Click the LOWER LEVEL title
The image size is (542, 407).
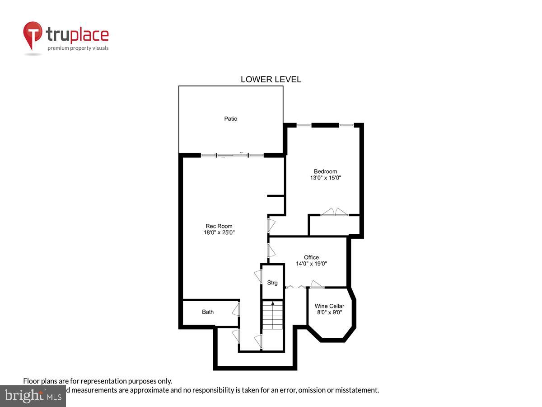click(x=271, y=80)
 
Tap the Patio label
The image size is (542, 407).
click(x=231, y=119)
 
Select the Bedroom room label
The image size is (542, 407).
click(x=325, y=171)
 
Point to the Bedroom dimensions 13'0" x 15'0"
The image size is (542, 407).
click(x=325, y=178)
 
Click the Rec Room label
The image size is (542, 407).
click(x=219, y=226)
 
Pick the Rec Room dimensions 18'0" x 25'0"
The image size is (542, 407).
click(x=220, y=232)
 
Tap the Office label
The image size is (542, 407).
click(x=311, y=257)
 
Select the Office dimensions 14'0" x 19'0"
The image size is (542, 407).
click(x=311, y=264)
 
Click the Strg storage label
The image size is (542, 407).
click(x=272, y=283)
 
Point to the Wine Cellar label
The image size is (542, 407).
click(x=329, y=306)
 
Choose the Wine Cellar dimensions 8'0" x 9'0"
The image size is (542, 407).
click(x=329, y=312)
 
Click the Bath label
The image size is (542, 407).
click(x=208, y=312)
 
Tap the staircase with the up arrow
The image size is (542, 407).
click(x=272, y=317)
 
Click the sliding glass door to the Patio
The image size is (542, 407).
click(x=232, y=155)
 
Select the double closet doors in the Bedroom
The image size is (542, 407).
click(x=334, y=212)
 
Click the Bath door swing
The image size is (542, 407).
click(x=235, y=310)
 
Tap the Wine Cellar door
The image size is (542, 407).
click(x=317, y=284)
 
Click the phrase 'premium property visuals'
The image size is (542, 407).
click(x=78, y=48)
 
